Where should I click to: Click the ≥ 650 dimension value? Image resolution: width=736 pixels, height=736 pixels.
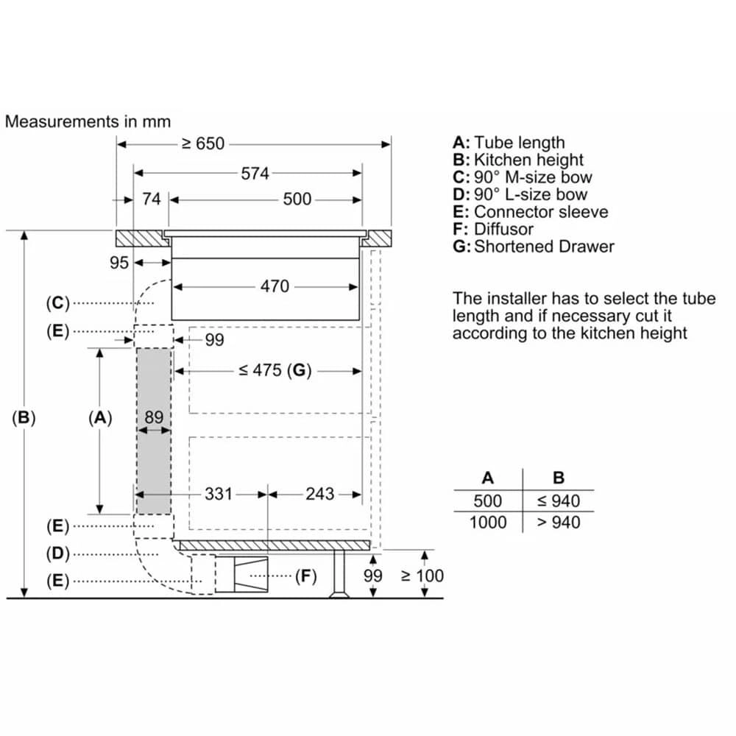tap(203, 144)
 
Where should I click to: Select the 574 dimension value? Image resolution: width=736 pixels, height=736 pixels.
tap(255, 174)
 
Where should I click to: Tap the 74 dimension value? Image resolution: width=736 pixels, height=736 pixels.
tap(151, 199)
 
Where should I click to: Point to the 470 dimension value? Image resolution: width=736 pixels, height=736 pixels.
tap(275, 286)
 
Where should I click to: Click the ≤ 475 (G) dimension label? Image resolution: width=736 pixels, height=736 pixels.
tap(272, 371)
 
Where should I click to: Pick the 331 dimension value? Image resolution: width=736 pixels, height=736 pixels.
tap(219, 494)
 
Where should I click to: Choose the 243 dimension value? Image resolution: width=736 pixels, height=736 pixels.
tap(320, 494)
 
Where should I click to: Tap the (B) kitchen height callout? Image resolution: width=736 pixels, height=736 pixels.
tap(24, 417)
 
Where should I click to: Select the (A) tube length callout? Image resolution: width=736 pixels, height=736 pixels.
tap(100, 418)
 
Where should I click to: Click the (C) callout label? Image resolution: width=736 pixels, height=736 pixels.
tap(57, 302)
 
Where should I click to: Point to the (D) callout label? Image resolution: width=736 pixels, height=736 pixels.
tap(57, 553)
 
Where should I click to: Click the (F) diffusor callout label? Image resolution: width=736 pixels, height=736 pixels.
tap(305, 576)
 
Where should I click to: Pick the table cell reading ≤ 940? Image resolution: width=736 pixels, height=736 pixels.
tap(558, 501)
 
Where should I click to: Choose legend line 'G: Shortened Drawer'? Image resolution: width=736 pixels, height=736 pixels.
tap(533, 247)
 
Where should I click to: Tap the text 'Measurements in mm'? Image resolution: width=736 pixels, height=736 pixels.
tap(88, 121)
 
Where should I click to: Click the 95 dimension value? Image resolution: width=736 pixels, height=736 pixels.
tap(119, 263)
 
